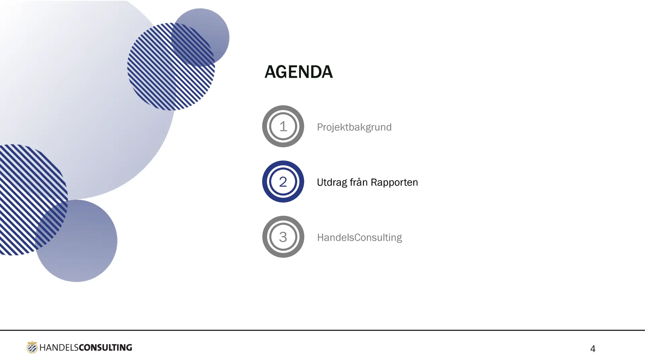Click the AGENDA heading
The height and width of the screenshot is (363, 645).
tap(299, 72)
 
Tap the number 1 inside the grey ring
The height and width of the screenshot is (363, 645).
tap(283, 126)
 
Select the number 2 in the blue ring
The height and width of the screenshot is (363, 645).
tap(283, 182)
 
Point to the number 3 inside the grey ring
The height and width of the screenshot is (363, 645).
tap(283, 237)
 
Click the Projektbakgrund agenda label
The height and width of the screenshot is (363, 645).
tap(354, 127)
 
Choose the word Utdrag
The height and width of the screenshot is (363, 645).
tap(332, 183)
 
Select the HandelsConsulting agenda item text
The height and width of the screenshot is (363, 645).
tap(359, 238)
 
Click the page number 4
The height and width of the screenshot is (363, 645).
tap(593, 349)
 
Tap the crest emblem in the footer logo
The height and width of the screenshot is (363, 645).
tap(32, 347)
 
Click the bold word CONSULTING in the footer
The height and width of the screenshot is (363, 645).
tap(105, 348)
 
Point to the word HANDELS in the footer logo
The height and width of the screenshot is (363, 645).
tap(59, 348)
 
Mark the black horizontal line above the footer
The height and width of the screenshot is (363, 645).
tap(322, 330)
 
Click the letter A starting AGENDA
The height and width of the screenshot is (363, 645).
tap(270, 72)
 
